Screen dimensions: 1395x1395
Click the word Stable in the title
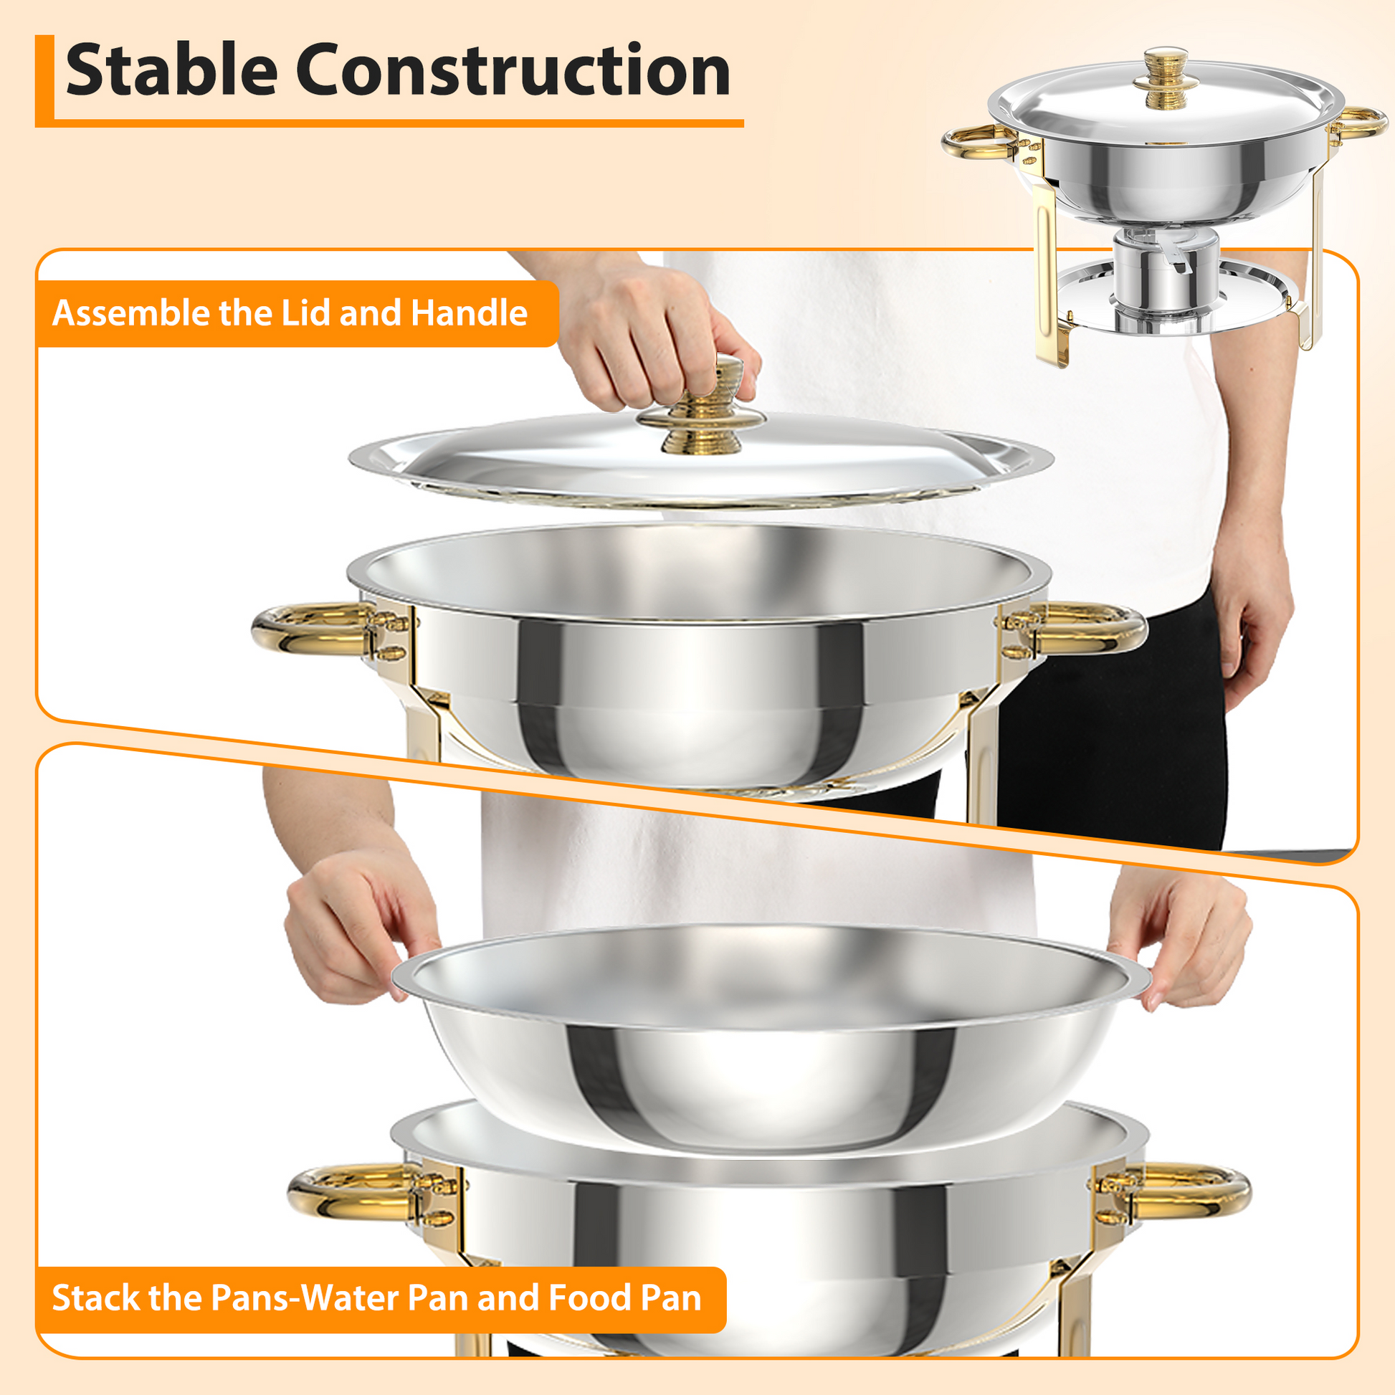171,70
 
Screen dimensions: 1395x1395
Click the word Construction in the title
513,70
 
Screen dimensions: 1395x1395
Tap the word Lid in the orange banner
308,313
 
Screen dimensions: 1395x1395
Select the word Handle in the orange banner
469,313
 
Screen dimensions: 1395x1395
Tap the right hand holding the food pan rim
1184,938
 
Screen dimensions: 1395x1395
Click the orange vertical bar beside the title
44,80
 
